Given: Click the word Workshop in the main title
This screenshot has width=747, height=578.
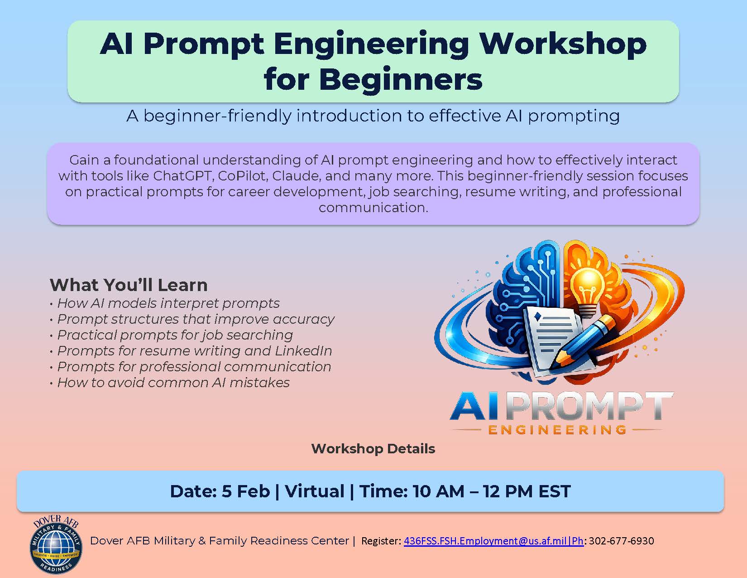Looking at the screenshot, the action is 563,44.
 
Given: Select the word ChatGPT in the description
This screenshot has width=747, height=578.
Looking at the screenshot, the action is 182,176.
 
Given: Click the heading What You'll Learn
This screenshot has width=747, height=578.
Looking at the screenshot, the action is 129,285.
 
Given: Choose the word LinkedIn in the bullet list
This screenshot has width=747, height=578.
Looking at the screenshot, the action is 303,351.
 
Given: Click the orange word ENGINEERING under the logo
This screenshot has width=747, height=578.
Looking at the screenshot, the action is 557,430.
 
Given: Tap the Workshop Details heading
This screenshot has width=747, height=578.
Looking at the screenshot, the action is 373,448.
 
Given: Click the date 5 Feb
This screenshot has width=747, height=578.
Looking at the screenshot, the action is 246,491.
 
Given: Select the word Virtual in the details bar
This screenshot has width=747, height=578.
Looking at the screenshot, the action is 315,491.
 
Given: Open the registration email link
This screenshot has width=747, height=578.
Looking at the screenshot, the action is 493,541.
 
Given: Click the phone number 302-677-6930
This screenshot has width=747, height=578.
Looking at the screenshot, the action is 622,541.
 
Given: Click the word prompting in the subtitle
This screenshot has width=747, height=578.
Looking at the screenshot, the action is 574,116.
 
